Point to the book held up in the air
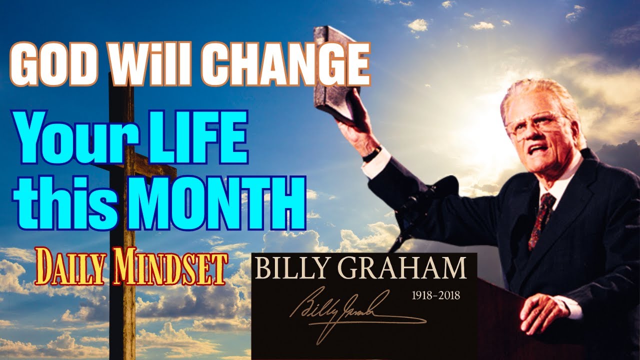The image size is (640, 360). click(x=334, y=75)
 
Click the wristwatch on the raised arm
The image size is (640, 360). click(x=371, y=153)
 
